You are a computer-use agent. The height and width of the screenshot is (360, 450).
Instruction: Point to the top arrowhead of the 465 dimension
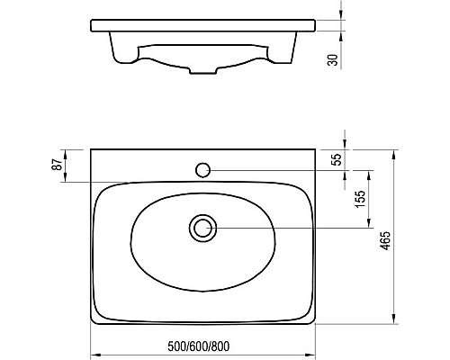[x=393, y=152]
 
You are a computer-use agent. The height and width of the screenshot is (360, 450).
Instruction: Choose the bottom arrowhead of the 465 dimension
[x=393, y=324]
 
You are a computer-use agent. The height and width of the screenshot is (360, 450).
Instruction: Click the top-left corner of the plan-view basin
[x=91, y=150]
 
